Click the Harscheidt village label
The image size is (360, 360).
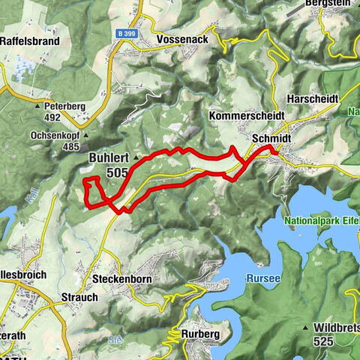313,98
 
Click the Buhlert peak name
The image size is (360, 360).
109,158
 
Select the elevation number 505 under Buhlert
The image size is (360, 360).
117,173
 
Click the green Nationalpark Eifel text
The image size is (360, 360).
321,221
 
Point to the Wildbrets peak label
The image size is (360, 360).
333,328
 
